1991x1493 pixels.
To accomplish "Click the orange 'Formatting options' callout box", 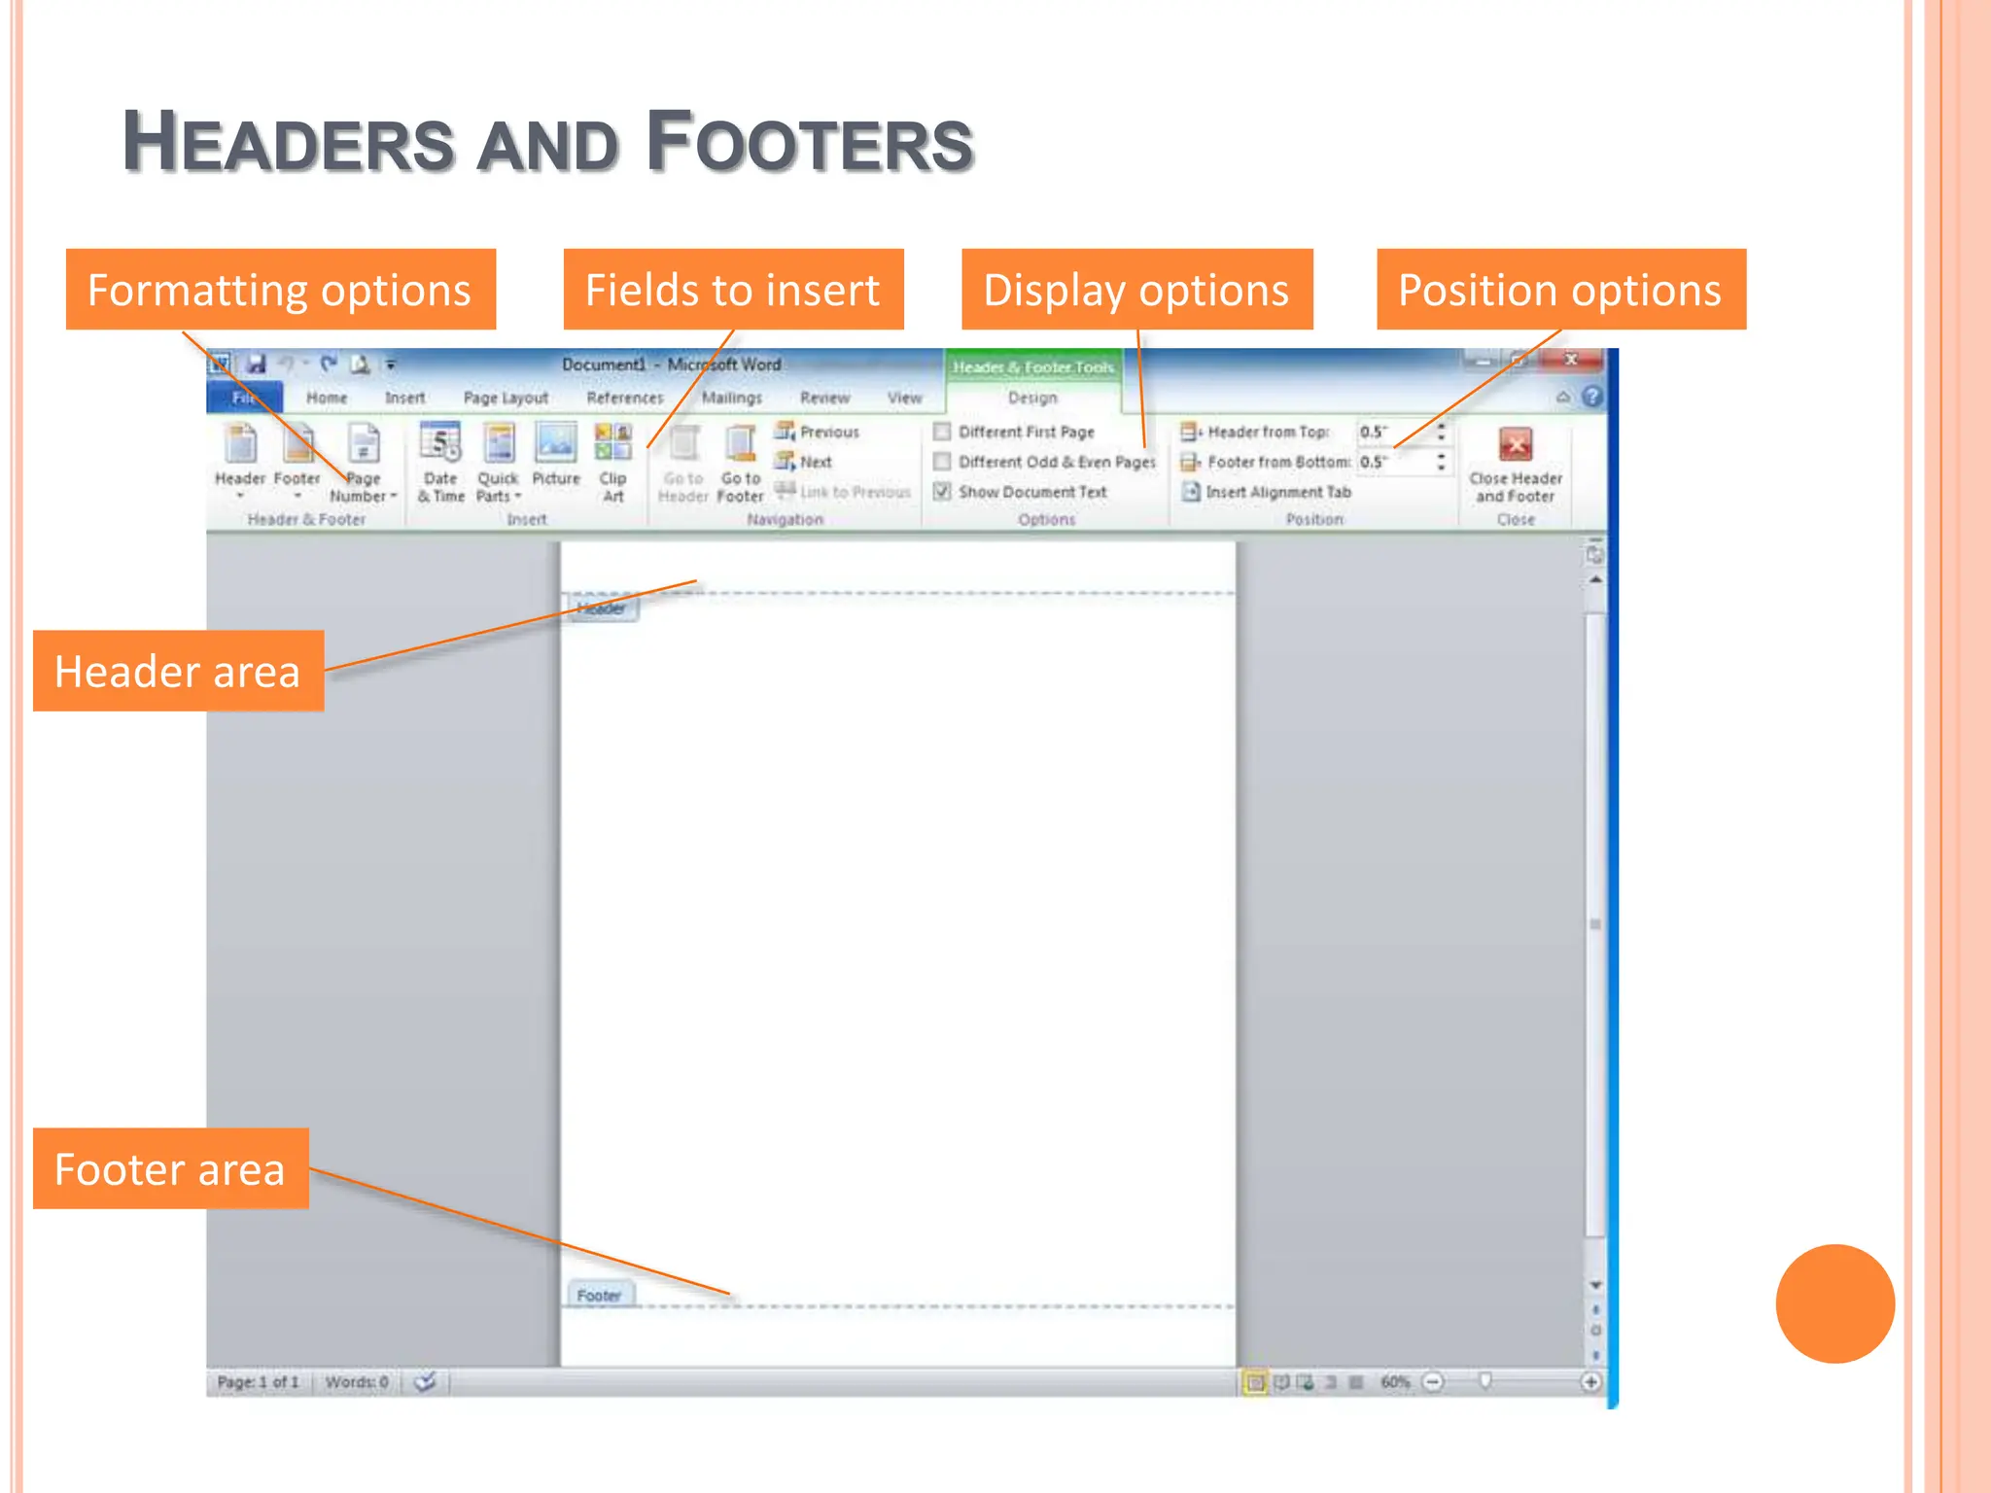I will point(280,290).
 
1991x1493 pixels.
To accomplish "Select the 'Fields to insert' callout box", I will point(733,290).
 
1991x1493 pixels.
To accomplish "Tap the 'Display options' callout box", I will point(1136,290).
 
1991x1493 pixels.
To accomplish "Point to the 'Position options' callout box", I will point(1560,290).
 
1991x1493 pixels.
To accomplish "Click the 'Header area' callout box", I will point(178,671).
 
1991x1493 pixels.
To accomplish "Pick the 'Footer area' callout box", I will point(170,1168).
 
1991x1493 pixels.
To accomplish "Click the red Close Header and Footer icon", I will point(1516,445).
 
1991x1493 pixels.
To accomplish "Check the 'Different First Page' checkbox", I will point(942,431).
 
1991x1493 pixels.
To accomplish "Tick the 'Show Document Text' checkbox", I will point(942,492).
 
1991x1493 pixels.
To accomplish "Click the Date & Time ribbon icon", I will point(440,444).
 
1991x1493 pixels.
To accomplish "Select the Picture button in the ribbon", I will point(556,444).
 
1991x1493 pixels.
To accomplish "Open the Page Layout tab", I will point(506,398).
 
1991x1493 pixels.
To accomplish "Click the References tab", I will point(624,398).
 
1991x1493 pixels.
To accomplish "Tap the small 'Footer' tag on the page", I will point(599,1295).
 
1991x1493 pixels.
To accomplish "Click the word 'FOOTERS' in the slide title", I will point(809,143).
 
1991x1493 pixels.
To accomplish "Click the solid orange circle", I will point(1834,1303).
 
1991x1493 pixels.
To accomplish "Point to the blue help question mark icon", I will point(1591,397).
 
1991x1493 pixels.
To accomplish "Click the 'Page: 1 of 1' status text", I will point(258,1381).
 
